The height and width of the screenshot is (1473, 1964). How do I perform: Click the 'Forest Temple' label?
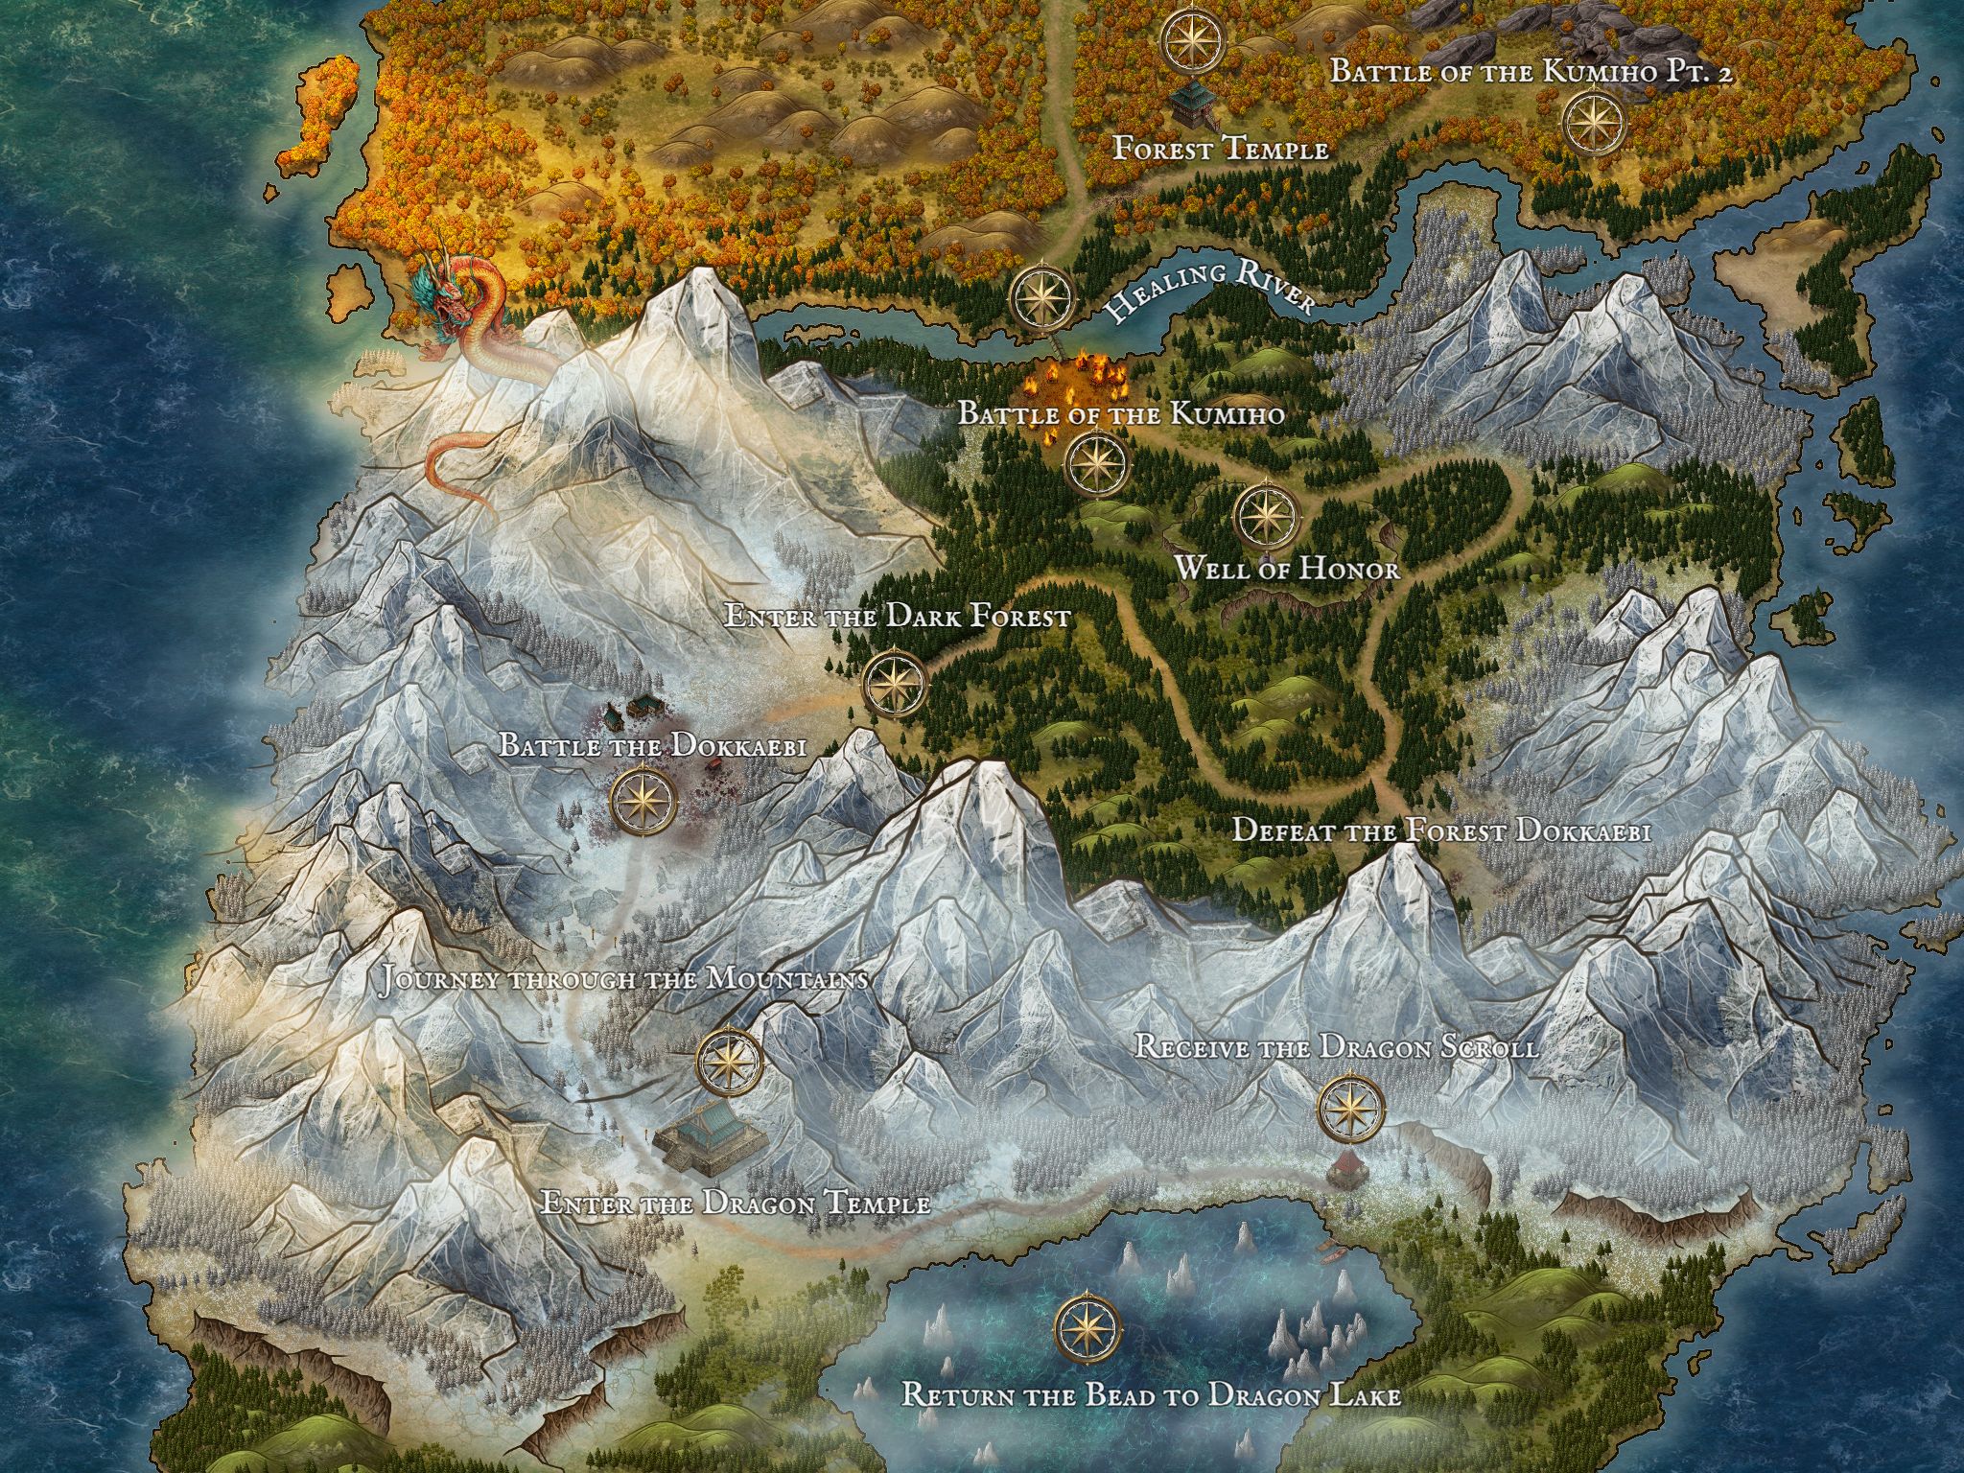(1220, 150)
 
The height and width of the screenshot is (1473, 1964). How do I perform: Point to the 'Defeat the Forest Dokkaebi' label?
(1440, 830)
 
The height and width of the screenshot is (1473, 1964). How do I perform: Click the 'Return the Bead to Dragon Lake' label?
(1151, 1394)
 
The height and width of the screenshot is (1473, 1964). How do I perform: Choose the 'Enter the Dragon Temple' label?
(735, 1203)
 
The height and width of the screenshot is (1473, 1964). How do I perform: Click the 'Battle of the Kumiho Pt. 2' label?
(1532, 71)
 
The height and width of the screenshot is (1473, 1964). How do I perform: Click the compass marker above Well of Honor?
(1268, 515)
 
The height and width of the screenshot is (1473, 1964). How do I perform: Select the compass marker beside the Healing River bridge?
(1042, 297)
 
